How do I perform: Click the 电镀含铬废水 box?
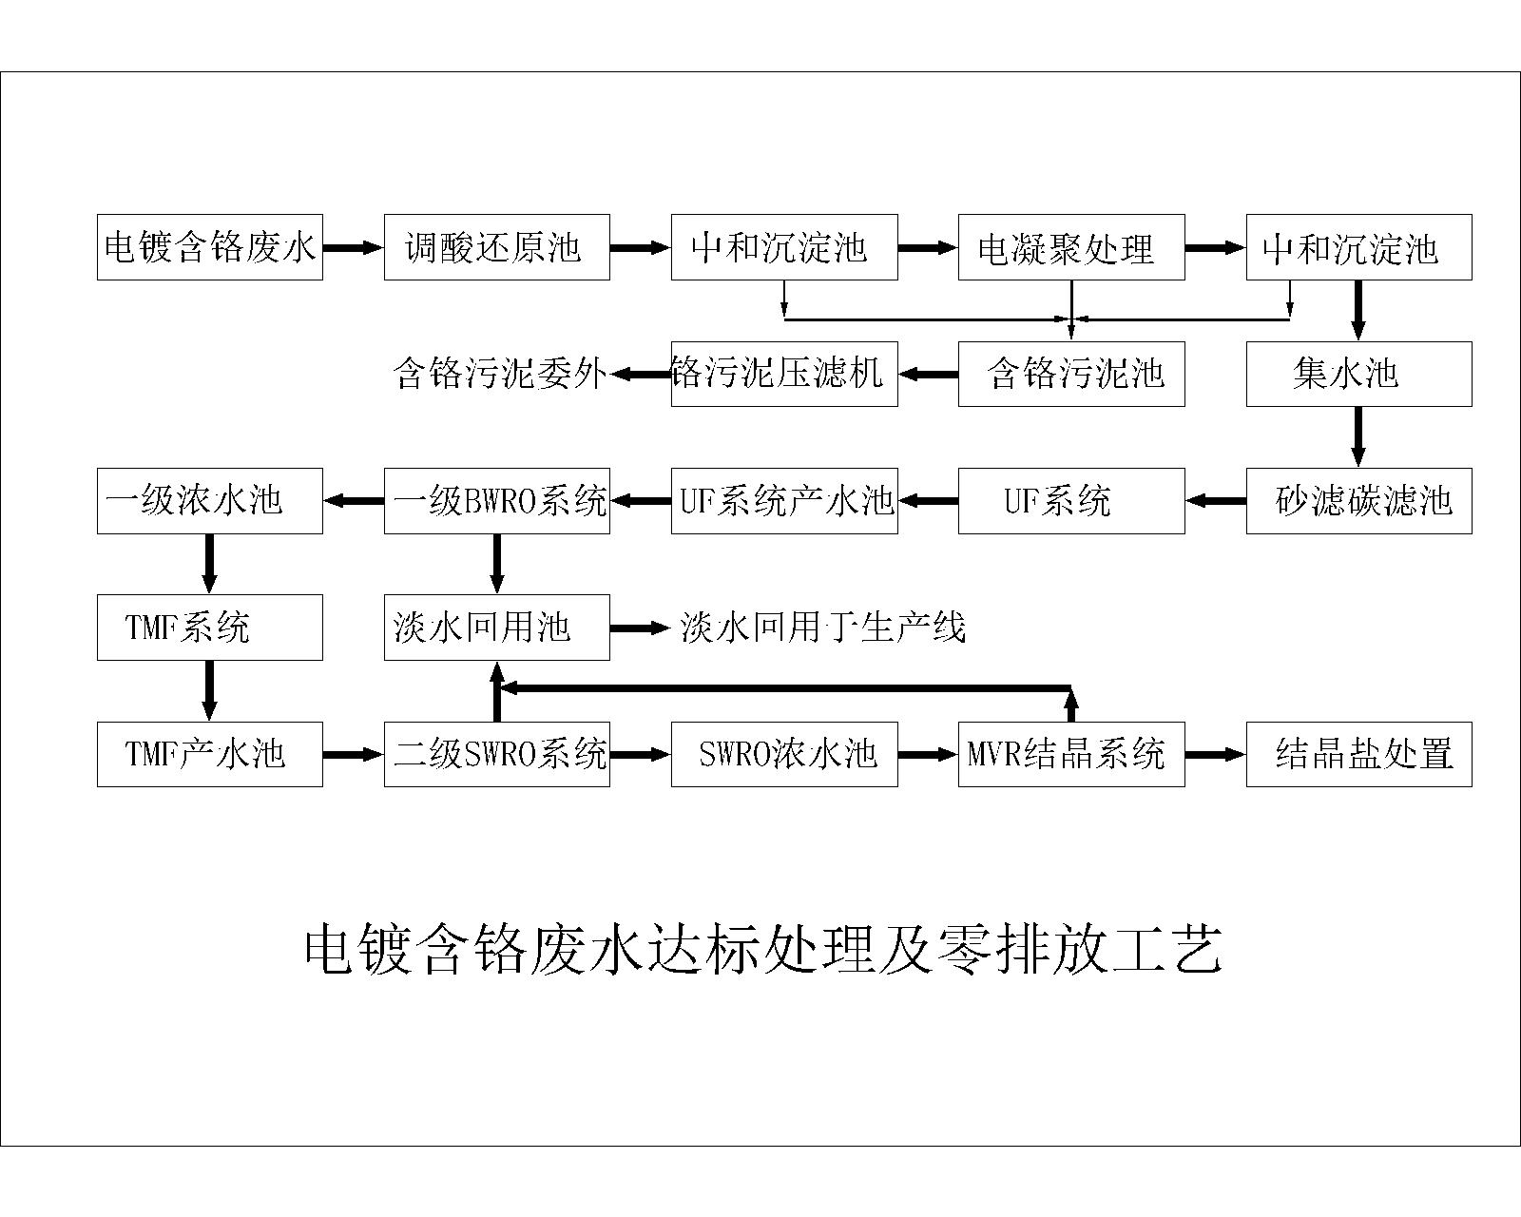pyautogui.click(x=210, y=247)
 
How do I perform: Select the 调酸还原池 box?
pyautogui.click(x=497, y=247)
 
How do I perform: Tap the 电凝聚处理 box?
pyautogui.click(x=1071, y=247)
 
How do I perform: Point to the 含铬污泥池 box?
pyautogui.click(x=1071, y=374)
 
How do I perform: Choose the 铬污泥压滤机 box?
pyautogui.click(x=784, y=374)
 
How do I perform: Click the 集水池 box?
pyautogui.click(x=1359, y=374)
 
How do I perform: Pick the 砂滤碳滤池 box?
pyautogui.click(x=1359, y=501)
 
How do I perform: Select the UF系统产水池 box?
pyautogui.click(x=784, y=501)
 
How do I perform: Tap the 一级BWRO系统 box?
pyautogui.click(x=497, y=501)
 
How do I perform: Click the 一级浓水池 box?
pyautogui.click(x=210, y=501)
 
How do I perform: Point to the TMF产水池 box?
pyautogui.click(x=210, y=755)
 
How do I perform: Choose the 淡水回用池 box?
pyautogui.click(x=497, y=628)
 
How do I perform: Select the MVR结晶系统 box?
pyautogui.click(x=1071, y=755)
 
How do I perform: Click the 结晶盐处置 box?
pyautogui.click(x=1359, y=755)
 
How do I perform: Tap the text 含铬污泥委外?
pyautogui.click(x=500, y=374)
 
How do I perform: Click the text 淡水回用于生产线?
pyautogui.click(x=822, y=628)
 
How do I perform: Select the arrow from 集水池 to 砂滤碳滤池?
pyautogui.click(x=1357, y=437)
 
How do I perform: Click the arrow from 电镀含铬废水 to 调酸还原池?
pyautogui.click(x=354, y=247)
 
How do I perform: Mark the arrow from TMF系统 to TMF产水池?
pyautogui.click(x=209, y=691)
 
